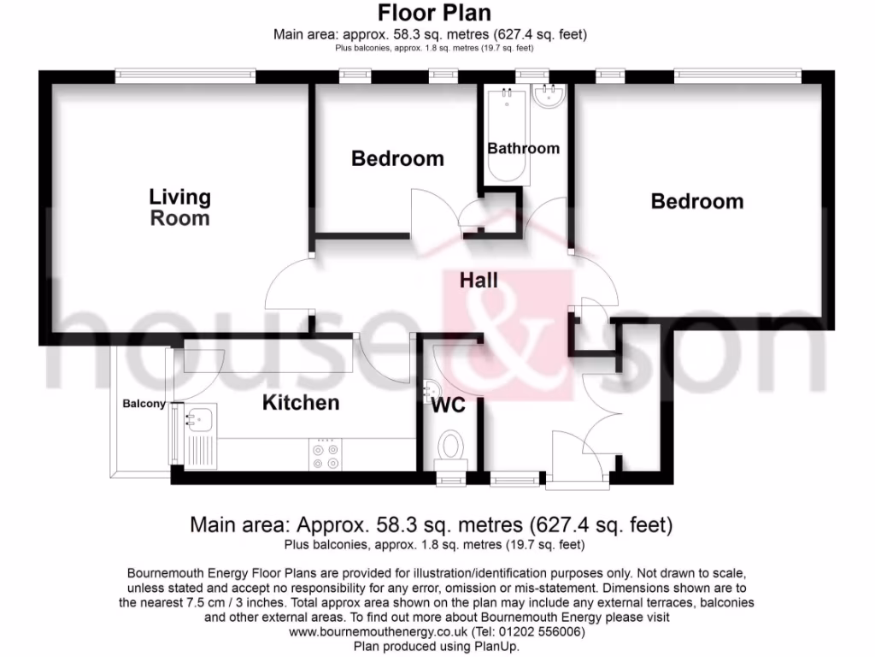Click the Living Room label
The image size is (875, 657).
179,207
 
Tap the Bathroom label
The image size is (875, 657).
523,148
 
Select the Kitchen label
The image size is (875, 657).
300,402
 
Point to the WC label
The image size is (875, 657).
449,405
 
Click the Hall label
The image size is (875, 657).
479,280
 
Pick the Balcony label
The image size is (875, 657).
144,404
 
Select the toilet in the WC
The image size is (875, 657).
450,447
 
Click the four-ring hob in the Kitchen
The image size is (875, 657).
326,454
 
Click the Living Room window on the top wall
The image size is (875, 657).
185,75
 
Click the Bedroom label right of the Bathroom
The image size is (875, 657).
696,201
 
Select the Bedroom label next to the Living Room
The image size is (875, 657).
397,158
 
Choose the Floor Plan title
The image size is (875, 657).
434,13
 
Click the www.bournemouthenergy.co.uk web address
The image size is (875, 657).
378,632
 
